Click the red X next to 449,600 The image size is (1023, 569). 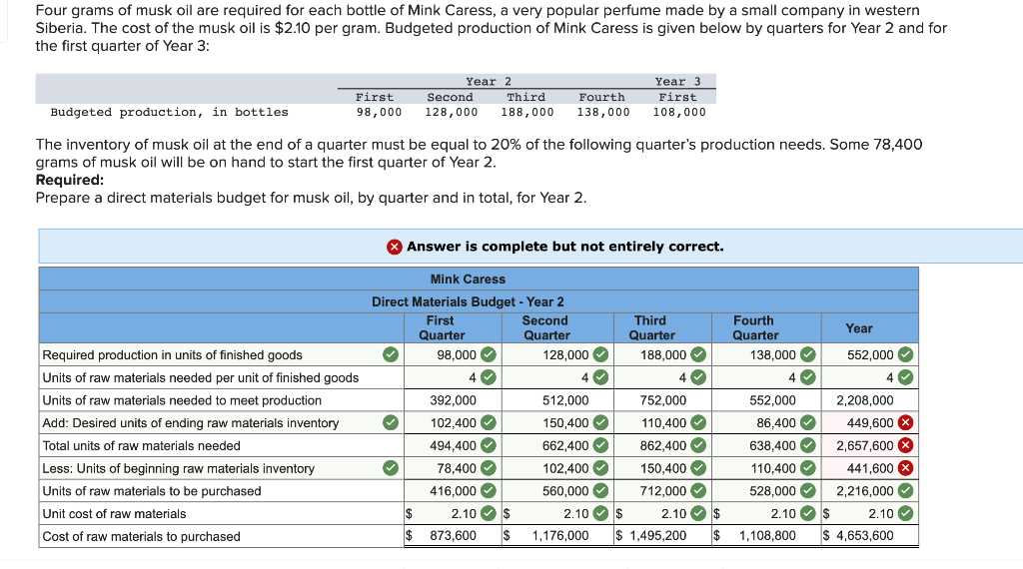click(905, 423)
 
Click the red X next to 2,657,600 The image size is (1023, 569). click(905, 445)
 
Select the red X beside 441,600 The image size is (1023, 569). click(905, 468)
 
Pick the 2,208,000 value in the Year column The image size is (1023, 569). click(865, 400)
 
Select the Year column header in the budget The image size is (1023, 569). click(858, 328)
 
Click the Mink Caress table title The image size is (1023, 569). click(468, 280)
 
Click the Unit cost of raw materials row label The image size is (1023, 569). click(114, 514)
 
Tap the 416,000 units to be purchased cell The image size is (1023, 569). click(453, 491)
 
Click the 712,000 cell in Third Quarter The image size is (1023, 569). click(662, 491)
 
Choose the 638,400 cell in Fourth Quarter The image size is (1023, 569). click(772, 446)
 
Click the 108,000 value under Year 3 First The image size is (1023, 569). click(679, 112)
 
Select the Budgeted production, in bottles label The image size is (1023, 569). click(169, 112)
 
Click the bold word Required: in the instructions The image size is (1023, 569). click(70, 181)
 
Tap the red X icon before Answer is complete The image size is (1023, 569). click(395, 247)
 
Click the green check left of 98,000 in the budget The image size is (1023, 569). click(391, 355)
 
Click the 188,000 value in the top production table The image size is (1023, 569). click(527, 112)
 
